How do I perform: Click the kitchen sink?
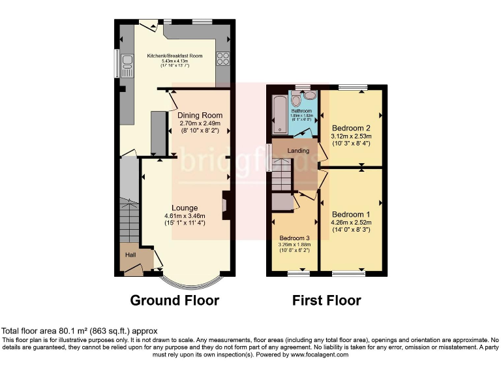click(127, 66)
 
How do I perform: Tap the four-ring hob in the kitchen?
click(222, 59)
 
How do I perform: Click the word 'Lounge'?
click(185, 208)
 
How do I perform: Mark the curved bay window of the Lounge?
click(189, 283)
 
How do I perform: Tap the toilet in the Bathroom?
click(296, 100)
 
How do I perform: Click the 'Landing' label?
click(298, 151)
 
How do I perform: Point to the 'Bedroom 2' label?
click(351, 128)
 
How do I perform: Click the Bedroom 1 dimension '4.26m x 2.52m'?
click(351, 222)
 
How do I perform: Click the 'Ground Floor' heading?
click(175, 300)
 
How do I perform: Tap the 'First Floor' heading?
click(326, 300)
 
